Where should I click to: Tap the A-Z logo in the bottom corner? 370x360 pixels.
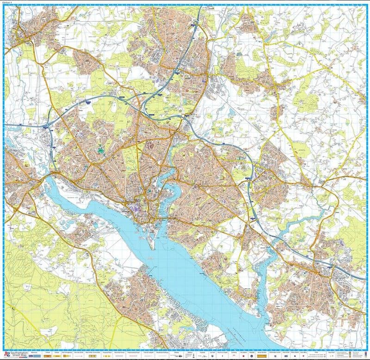click(x=7, y=354)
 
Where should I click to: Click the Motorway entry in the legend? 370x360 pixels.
click(x=35, y=354)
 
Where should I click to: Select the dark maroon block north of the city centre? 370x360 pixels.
click(x=150, y=145)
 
